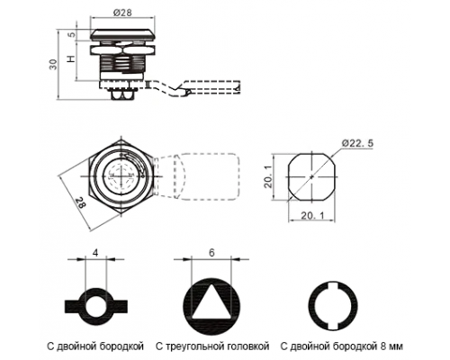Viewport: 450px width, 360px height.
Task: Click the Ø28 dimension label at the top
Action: coord(122,13)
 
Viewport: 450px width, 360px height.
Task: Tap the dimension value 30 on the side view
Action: coord(53,64)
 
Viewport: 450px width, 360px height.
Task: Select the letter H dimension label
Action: coord(71,58)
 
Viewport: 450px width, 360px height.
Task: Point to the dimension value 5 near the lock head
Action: coord(72,34)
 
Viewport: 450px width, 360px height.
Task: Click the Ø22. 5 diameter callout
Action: coord(357,143)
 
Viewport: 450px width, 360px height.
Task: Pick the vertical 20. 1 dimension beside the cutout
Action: coord(268,177)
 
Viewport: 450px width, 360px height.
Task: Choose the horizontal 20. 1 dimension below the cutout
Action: coord(312,215)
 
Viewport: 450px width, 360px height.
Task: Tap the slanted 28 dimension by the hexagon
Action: coord(80,202)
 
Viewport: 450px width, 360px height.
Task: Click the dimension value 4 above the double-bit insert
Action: coord(95,253)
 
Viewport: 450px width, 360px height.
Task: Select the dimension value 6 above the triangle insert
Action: coord(211,253)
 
